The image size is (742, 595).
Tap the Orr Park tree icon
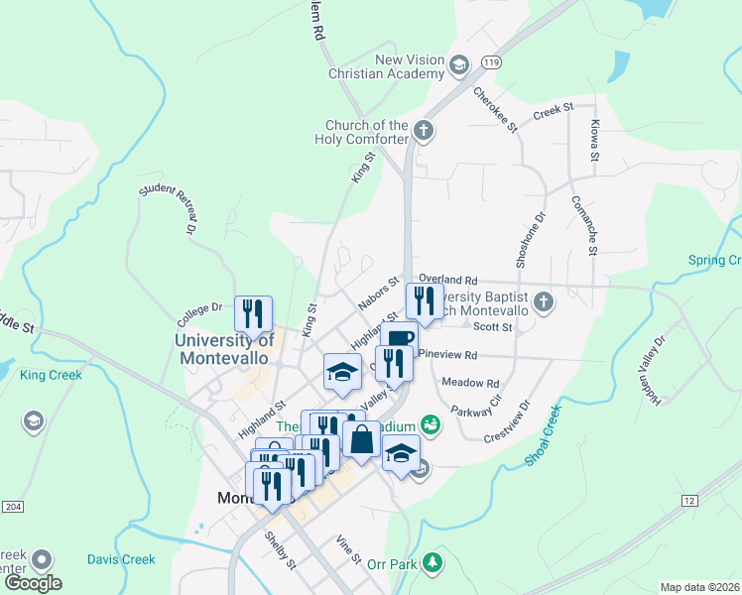(432, 563)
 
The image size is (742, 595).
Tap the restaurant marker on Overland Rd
(425, 301)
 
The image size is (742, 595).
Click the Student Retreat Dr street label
(165, 208)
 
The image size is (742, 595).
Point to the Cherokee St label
(496, 109)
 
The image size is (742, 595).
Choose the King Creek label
(51, 375)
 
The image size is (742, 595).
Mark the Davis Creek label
(120, 559)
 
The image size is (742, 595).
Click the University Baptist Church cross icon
(543, 300)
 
